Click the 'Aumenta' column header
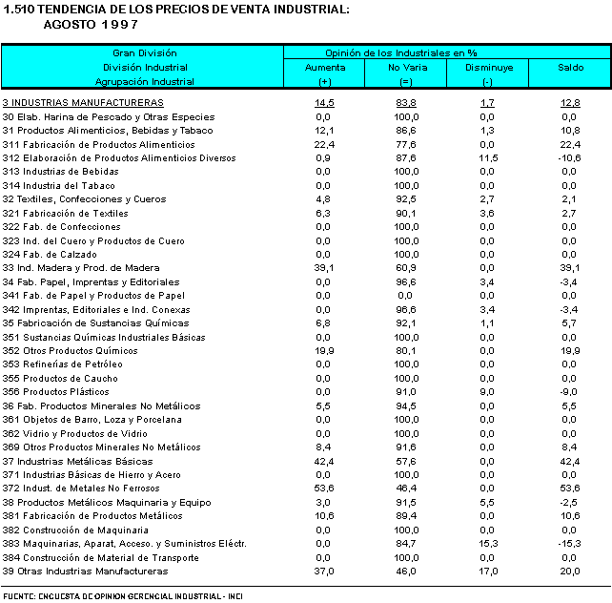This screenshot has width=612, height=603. click(324, 68)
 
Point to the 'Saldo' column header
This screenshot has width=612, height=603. click(570, 68)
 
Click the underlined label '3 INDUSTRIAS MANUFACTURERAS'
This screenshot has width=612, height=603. click(83, 102)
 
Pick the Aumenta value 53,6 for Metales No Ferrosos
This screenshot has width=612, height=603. click(324, 489)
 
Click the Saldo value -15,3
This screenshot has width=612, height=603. click(570, 544)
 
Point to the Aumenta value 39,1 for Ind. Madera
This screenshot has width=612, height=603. click(324, 268)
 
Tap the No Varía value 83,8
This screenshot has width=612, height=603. click(406, 102)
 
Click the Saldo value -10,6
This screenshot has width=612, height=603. click(570, 157)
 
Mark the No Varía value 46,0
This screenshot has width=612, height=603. click(406, 572)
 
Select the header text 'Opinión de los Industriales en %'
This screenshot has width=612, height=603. click(400, 53)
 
